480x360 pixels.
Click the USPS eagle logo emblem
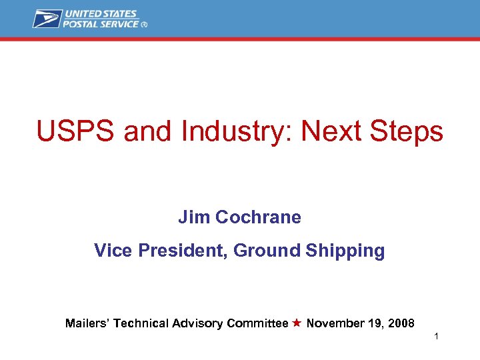tap(47, 18)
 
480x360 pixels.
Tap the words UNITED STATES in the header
tap(100, 14)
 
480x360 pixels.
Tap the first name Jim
tap(189, 217)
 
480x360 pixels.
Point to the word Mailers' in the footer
tap(87, 323)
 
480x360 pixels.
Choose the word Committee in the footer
tap(257, 323)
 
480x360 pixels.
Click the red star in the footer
tap(297, 323)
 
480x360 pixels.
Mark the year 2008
tap(401, 323)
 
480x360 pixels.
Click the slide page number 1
tap(436, 337)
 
